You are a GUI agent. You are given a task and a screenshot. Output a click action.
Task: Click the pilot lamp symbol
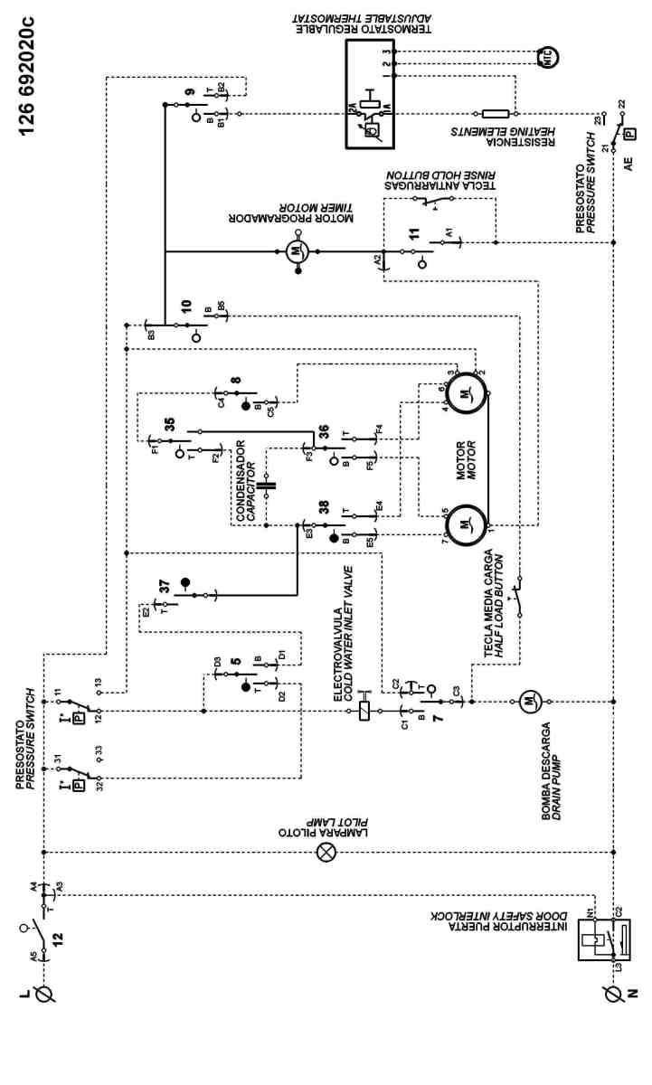[326, 853]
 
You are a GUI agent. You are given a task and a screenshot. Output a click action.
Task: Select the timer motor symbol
[299, 251]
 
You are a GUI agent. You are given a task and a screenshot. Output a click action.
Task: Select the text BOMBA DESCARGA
[546, 774]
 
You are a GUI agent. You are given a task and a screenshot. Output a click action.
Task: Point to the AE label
[628, 165]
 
